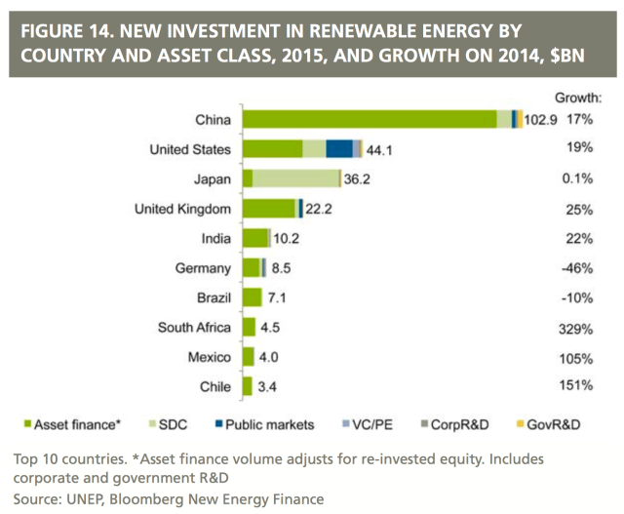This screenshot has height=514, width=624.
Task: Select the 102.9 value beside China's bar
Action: pos(542,120)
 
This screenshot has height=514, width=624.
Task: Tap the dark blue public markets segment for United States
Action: pos(339,149)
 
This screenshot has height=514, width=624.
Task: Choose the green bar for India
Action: pos(255,238)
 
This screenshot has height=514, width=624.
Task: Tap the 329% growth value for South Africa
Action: pos(576,327)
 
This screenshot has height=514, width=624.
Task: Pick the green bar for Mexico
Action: pos(248,357)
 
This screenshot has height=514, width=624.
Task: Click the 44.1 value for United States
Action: pos(379,149)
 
